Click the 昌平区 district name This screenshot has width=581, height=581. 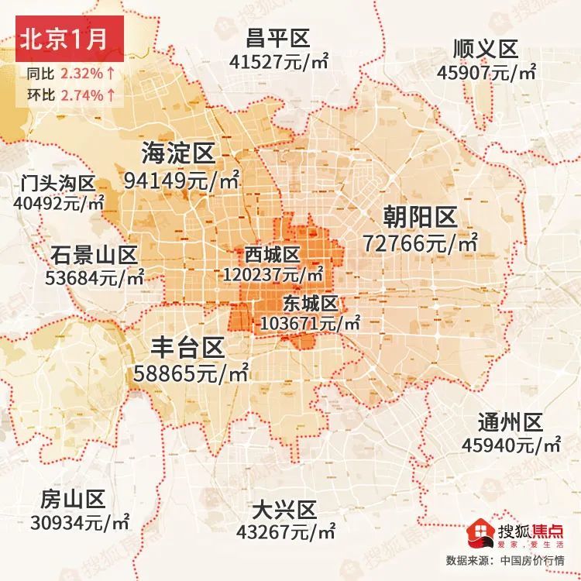pos(277,37)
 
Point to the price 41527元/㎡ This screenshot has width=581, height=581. pos(277,60)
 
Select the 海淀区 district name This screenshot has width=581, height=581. pos(178,153)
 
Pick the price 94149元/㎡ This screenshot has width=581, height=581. pos(181,180)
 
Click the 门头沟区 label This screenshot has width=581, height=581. pos(58,184)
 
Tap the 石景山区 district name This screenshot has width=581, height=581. pos(94,254)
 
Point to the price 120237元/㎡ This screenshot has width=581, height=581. pos(273,273)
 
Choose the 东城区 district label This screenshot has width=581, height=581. pos(311,302)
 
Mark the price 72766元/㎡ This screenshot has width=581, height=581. pos(421,242)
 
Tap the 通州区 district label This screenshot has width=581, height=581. pos(511,422)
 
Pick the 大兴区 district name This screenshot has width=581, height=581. pos(285,511)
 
